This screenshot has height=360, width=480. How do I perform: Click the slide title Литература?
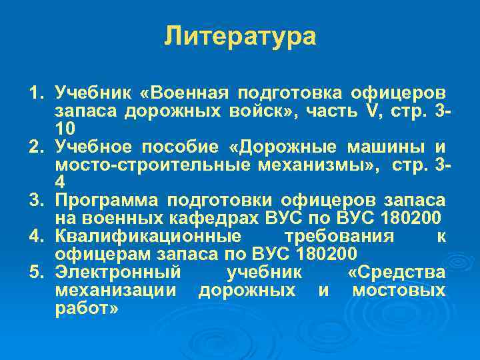tap(240, 36)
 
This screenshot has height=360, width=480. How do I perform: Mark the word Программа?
tap(107, 200)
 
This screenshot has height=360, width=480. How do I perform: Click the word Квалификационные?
tap(148, 237)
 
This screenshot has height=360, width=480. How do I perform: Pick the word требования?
tap(339, 237)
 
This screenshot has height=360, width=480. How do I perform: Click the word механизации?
tap(115, 291)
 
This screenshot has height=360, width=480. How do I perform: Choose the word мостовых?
tap(399, 291)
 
